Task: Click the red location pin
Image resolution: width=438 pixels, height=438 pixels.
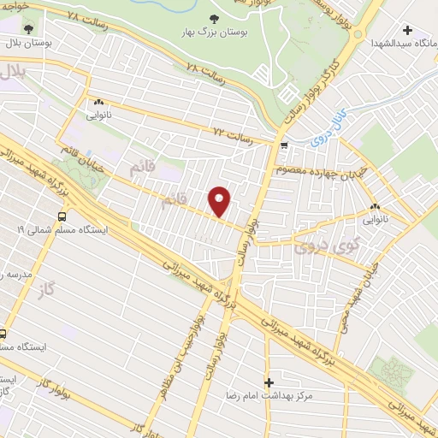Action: coord(220,201)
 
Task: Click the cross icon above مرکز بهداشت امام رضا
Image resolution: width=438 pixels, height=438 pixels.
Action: coord(269,382)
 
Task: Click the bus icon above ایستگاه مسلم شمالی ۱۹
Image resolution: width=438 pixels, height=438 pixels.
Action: coord(62,217)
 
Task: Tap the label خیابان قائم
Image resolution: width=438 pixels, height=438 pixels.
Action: coord(81,160)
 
